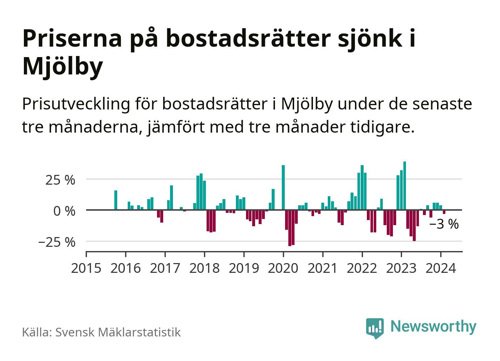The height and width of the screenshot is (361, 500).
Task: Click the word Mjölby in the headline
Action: pyautogui.click(x=63, y=66)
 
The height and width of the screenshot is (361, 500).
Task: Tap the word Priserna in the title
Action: pyautogui.click(x=72, y=38)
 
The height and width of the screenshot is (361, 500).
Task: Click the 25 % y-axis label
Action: pyautogui.click(x=60, y=180)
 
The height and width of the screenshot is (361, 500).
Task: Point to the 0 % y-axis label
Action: pyautogui.click(x=64, y=211)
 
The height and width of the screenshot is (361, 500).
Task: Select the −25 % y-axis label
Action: pyautogui.click(x=57, y=242)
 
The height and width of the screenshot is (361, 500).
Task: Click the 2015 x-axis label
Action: pyautogui.click(x=86, y=268)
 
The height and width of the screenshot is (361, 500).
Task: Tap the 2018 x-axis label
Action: pyautogui.click(x=204, y=268)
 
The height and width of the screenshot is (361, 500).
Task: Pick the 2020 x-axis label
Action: pyautogui.click(x=283, y=268)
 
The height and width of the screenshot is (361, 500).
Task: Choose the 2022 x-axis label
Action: pyautogui.click(x=362, y=268)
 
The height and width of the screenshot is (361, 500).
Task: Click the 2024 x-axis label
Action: pyautogui.click(x=441, y=268)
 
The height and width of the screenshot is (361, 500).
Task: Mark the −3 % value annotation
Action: pyautogui.click(x=444, y=224)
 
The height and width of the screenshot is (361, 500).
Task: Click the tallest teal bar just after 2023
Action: pyautogui.click(x=404, y=185)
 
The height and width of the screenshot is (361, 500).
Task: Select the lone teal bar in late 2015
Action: pyautogui.click(x=116, y=200)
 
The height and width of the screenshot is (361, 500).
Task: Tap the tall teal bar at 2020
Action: pyautogui.click(x=283, y=187)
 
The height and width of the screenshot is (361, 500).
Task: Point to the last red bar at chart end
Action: pyautogui.click(x=444, y=212)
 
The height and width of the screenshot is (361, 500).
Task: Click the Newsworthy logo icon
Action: pyautogui.click(x=375, y=328)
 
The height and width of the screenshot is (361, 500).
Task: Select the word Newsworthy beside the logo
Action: pyautogui.click(x=433, y=326)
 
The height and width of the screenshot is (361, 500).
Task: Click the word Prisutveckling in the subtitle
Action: pyautogui.click(x=76, y=104)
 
